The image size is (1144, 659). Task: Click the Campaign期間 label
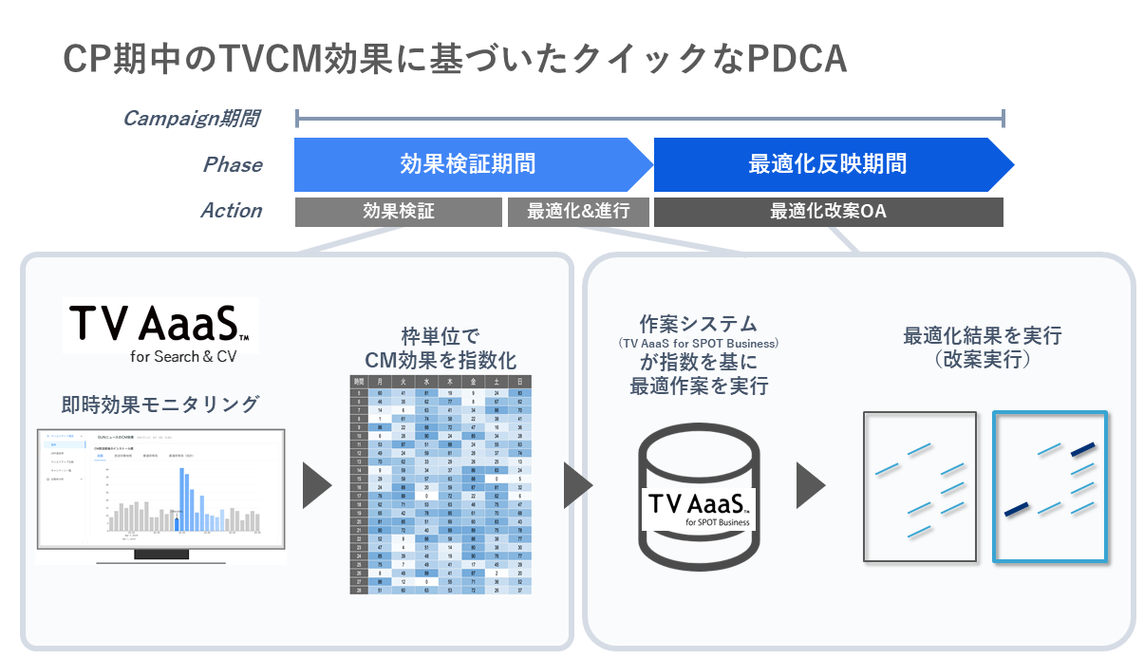(191, 119)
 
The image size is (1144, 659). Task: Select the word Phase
(233, 164)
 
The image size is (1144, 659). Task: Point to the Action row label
(231, 211)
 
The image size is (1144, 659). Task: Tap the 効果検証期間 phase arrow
(468, 164)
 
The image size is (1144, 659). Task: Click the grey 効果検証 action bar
(398, 212)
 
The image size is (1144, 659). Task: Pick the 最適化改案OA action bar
(828, 212)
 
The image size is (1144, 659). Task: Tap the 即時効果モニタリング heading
(159, 404)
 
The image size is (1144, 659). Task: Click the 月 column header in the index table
(380, 382)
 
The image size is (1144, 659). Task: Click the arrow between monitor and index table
(316, 486)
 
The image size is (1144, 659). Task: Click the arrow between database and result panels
(809, 486)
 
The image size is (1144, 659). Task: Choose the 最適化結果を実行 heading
(982, 348)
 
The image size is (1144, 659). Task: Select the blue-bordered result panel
(1050, 486)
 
